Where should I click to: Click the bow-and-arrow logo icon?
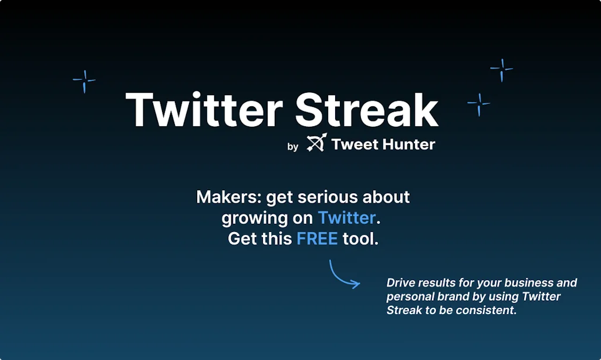click(316, 143)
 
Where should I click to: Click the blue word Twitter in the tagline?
click(347, 218)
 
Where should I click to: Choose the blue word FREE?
click(317, 238)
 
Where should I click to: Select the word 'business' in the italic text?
click(527, 282)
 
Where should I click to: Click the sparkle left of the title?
click(84, 81)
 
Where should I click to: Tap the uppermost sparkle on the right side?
click(501, 70)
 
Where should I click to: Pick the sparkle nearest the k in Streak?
click(478, 104)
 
